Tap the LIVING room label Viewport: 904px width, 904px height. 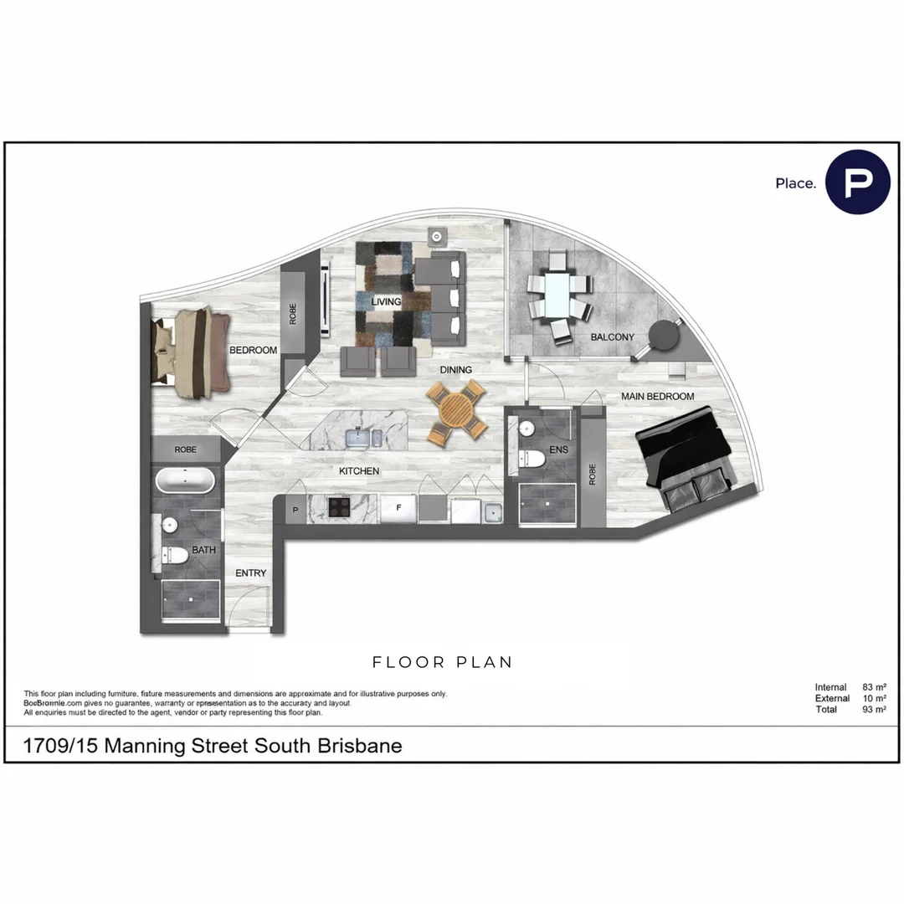pos(387,301)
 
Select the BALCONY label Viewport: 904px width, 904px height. pos(612,337)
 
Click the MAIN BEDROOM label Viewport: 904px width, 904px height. pos(657,396)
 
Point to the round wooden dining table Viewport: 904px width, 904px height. pos(456,411)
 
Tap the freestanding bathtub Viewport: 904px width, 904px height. pos(185,481)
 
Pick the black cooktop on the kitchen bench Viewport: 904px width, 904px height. pos(338,506)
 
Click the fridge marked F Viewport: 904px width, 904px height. pos(399,507)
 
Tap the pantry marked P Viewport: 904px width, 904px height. pos(295,509)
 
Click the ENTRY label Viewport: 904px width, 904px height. pos(250,573)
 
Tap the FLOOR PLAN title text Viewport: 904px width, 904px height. pos(442,662)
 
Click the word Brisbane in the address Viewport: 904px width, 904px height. pos(360,745)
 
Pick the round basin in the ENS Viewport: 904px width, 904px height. pos(526,429)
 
